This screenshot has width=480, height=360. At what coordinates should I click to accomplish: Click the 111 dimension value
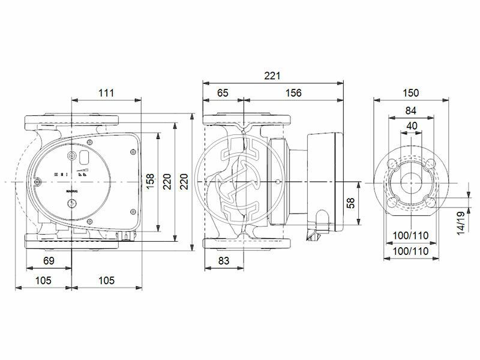coord(105,93)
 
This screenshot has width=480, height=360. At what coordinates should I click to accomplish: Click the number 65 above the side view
coord(223,93)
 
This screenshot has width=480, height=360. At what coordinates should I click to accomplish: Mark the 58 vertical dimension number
coord(352,203)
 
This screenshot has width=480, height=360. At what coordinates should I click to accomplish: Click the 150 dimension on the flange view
coord(410,93)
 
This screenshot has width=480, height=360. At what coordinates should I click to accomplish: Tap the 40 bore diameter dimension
coord(410,125)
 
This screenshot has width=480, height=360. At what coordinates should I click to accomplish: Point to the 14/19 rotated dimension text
coord(460,223)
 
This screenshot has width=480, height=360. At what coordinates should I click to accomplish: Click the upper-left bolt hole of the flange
coord(391,163)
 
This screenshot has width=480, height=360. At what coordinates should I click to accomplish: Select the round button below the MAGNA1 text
coord(73,204)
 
